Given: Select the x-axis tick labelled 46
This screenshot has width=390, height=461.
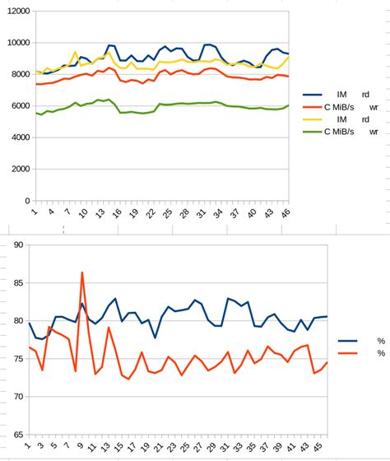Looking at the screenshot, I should pyautogui.click(x=286, y=213).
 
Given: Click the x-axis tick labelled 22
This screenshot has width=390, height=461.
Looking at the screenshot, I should pyautogui.click(x=151, y=213).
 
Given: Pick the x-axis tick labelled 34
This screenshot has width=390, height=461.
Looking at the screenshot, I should pyautogui.click(x=219, y=213).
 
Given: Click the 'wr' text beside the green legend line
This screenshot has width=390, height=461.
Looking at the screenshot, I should pyautogui.click(x=374, y=131).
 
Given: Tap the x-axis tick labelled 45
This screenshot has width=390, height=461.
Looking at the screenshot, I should pyautogui.click(x=316, y=448).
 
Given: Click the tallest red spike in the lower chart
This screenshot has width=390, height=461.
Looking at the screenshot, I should pyautogui.click(x=81, y=272).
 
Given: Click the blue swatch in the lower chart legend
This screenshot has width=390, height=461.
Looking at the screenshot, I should pyautogui.click(x=349, y=341).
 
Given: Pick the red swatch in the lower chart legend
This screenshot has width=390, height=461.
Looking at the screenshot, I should pyautogui.click(x=349, y=353).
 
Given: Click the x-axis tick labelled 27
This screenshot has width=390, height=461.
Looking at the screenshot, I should pyautogui.click(x=199, y=448).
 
